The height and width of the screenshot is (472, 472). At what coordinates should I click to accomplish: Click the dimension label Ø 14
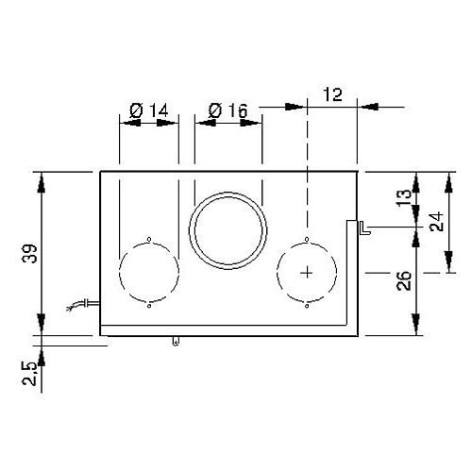point(149,110)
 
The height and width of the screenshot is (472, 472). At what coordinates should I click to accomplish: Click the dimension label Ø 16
point(228,110)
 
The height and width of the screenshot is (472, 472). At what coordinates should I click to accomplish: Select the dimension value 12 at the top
point(332,94)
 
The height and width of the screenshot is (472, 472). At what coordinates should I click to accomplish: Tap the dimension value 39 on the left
point(31,253)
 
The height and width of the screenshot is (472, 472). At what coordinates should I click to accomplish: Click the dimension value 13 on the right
point(404,196)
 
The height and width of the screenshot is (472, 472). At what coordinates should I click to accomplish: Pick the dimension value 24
point(437,222)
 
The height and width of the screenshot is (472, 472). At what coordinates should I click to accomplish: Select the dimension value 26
point(404,280)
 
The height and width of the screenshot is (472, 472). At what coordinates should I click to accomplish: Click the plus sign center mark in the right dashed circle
point(307,273)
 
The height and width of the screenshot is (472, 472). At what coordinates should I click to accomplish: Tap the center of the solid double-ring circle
point(228,230)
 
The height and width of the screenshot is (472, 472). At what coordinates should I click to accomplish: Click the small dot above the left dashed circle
point(149,239)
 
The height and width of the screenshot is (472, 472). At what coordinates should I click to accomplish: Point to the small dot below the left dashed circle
point(149,306)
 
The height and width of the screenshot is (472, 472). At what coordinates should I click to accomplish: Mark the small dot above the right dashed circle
point(307,239)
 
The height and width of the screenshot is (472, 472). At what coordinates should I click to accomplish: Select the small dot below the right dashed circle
point(307,306)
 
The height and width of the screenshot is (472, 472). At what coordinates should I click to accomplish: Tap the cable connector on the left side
point(83,304)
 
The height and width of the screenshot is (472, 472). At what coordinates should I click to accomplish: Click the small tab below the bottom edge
point(177,341)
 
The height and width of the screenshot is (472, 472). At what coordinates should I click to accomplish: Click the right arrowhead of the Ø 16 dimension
point(251,123)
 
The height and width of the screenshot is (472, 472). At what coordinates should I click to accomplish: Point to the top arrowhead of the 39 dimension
point(42,183)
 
